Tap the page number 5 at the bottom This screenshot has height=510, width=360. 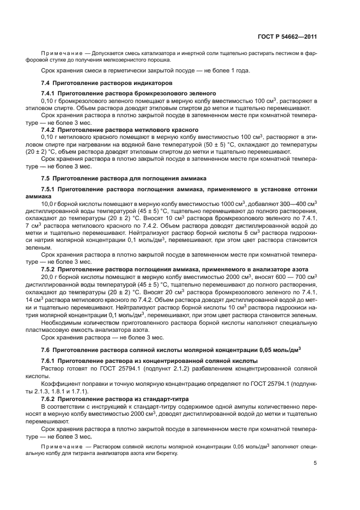[315, 463]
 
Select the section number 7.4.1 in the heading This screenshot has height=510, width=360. [50, 94]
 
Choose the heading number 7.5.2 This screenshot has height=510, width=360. [50, 269]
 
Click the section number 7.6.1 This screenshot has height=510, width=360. [50, 362]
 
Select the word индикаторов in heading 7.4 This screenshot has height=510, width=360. [149, 83]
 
